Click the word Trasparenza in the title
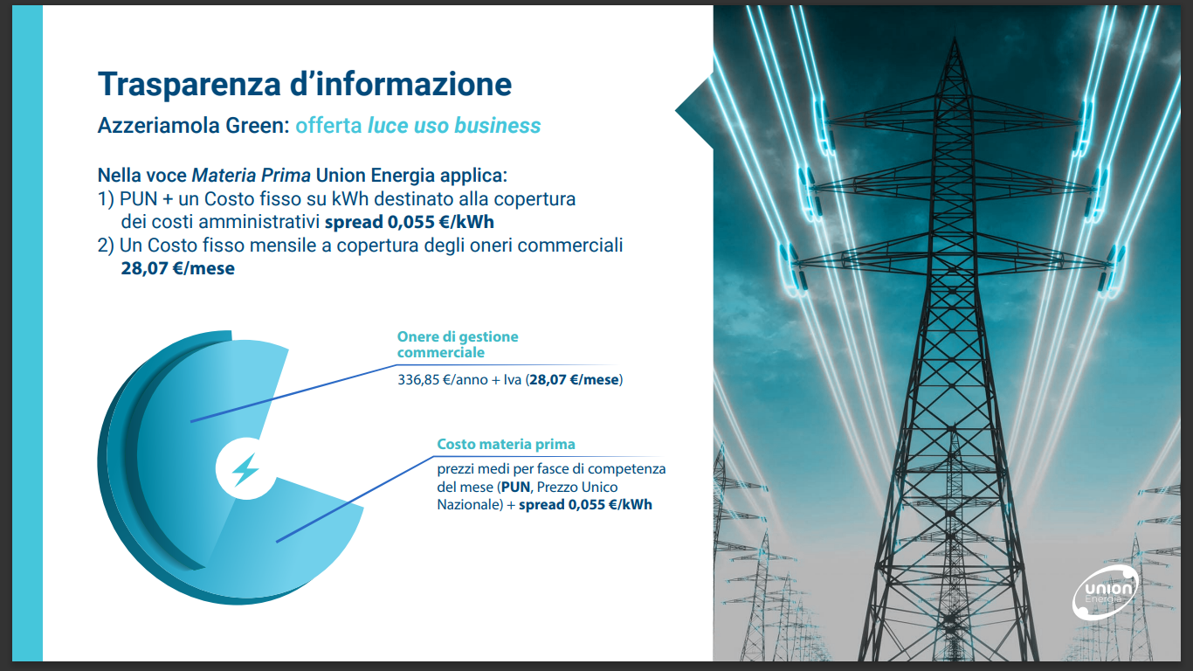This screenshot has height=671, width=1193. (x=190, y=84)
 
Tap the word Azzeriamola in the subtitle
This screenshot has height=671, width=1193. (x=158, y=126)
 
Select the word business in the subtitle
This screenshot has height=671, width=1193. (x=497, y=126)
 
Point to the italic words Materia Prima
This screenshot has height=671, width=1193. (x=251, y=175)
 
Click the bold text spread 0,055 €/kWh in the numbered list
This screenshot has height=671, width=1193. (x=409, y=222)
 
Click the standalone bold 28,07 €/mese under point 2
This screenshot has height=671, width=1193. (x=177, y=268)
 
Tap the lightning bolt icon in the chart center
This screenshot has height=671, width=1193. (x=245, y=469)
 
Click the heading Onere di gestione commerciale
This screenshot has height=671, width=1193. (x=458, y=344)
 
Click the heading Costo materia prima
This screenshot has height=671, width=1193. (x=506, y=444)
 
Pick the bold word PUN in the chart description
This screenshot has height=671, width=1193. (x=515, y=488)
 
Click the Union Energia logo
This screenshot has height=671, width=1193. (x=1105, y=592)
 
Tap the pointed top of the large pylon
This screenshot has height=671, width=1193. (x=955, y=38)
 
